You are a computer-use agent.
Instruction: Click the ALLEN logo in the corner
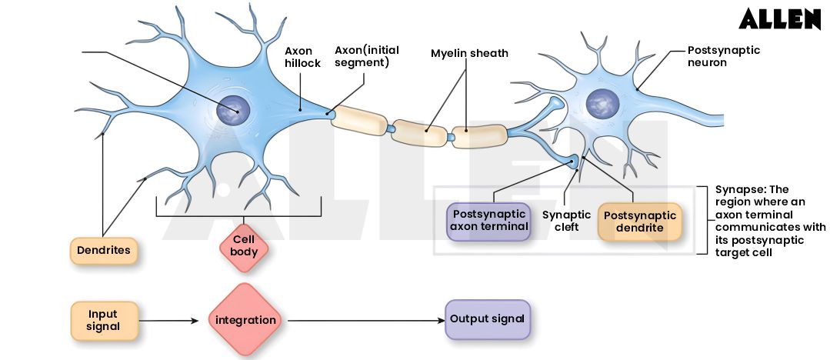click(x=779, y=19)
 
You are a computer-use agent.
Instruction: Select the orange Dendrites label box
click(x=103, y=251)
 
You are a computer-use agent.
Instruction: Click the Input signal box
click(x=104, y=320)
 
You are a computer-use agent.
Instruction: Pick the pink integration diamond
click(x=245, y=320)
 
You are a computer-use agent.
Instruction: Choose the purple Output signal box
click(x=487, y=319)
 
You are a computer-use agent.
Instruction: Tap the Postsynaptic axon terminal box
click(x=489, y=221)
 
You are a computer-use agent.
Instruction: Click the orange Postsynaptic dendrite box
click(x=639, y=222)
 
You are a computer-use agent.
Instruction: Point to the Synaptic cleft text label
click(x=566, y=222)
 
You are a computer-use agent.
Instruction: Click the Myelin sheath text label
click(x=469, y=54)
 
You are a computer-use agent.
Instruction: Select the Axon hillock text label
click(x=302, y=57)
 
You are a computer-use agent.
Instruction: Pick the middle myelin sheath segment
click(x=420, y=133)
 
